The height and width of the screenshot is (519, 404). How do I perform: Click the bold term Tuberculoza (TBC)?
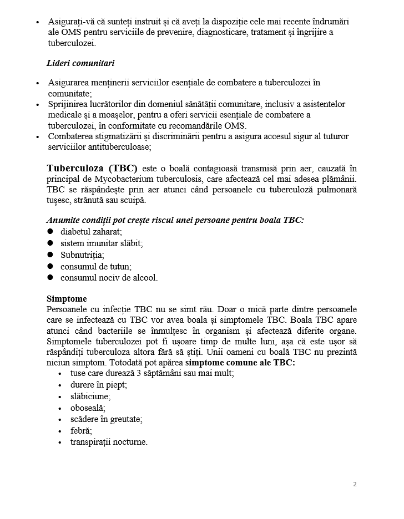pyautogui.click(x=92, y=168)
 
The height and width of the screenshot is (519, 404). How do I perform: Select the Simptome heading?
pyautogui.click(x=67, y=298)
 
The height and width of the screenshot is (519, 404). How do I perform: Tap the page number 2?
pyautogui.click(x=355, y=484)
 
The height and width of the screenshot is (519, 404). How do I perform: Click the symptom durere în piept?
pyautogui.click(x=99, y=384)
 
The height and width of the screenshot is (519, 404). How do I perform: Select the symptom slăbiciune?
pyautogui.click(x=90, y=396)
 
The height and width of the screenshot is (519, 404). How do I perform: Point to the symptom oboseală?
pyautogui.click(x=88, y=408)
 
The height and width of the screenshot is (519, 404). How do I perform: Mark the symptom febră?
pyautogui.click(x=81, y=430)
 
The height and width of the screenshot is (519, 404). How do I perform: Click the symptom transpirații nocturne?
pyautogui.click(x=109, y=442)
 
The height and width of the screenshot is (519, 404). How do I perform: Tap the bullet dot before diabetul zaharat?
pyautogui.click(x=50, y=232)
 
